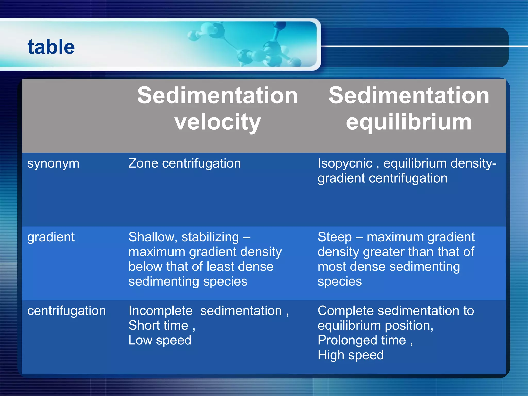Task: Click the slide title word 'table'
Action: (x=51, y=47)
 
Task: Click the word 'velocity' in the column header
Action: (x=217, y=122)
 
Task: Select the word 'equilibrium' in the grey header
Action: (x=409, y=122)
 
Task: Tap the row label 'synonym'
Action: (x=53, y=164)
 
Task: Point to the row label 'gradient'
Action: (x=51, y=237)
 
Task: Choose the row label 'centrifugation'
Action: (x=67, y=311)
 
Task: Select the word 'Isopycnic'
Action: (x=345, y=164)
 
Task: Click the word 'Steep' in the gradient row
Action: (x=334, y=237)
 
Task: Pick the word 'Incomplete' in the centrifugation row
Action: (x=160, y=311)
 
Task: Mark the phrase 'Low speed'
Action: (x=160, y=340)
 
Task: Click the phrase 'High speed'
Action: (x=350, y=355)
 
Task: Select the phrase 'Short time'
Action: (x=158, y=326)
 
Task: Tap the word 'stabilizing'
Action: (x=210, y=237)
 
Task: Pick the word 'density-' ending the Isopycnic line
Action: (x=473, y=164)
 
